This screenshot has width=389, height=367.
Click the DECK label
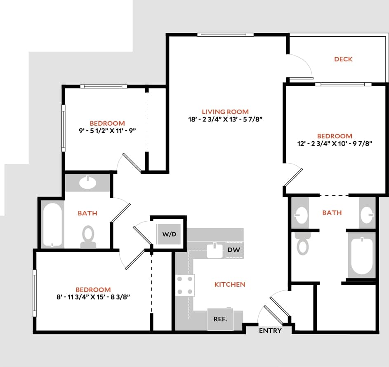pos(343,59)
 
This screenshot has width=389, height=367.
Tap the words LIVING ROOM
pos(225,112)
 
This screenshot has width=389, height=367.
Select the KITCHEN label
pos(230,284)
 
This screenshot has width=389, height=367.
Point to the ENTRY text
pos(271,330)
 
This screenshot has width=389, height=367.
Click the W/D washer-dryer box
pos(169,234)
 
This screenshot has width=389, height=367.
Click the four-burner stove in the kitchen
pos(185,285)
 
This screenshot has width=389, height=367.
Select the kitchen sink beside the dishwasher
pos(215,250)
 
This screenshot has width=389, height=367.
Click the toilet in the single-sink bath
pos(88,236)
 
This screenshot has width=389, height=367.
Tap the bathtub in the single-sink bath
pos(52,225)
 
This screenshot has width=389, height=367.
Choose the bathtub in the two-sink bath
pos(361,256)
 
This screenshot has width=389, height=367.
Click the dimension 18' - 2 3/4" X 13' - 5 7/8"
pos(225,119)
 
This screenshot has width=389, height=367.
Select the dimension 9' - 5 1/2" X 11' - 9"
pos(107,131)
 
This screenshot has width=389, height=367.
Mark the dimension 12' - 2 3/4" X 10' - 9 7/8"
pos(335,144)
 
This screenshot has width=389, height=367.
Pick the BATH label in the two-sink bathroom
pos(332,213)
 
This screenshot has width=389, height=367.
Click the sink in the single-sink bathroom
pos(87,182)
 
